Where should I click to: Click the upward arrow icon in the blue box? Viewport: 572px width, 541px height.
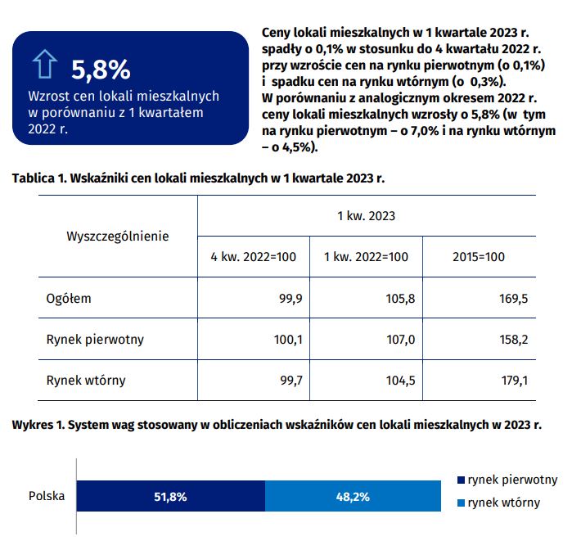(x=45, y=64)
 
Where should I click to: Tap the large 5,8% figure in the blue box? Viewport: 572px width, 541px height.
(x=101, y=70)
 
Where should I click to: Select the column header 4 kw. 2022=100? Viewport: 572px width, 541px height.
(x=253, y=257)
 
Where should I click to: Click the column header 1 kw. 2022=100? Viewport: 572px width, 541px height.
(x=366, y=257)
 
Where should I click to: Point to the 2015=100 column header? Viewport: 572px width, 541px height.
(x=479, y=257)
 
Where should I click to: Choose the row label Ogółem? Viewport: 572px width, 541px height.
(x=69, y=299)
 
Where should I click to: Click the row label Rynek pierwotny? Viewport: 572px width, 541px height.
(x=95, y=340)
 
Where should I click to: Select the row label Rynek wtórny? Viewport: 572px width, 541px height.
(x=86, y=381)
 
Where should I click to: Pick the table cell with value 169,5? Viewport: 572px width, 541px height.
(x=513, y=299)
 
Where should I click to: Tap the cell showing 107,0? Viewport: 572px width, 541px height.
(x=400, y=340)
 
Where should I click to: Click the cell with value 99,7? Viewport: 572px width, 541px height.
(x=291, y=381)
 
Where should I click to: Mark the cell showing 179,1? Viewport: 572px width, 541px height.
(x=515, y=381)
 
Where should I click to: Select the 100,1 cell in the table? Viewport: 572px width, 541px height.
(x=288, y=340)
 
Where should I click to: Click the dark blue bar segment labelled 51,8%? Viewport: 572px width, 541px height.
(x=171, y=496)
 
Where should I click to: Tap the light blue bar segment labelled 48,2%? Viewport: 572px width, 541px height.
(x=354, y=496)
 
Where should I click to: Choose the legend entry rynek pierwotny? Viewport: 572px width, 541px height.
(x=507, y=480)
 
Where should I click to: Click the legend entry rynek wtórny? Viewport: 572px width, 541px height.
(x=498, y=503)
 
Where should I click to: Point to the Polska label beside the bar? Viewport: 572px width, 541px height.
(x=47, y=496)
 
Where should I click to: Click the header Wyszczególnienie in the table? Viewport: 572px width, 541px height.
(x=118, y=237)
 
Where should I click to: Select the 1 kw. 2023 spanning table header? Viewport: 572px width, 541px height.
(x=367, y=216)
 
